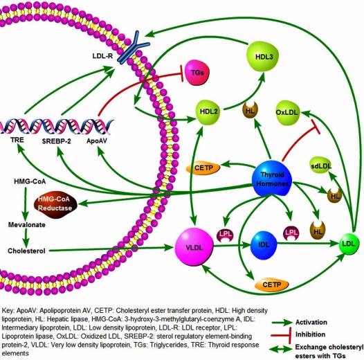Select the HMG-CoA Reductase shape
tap(61, 204)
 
